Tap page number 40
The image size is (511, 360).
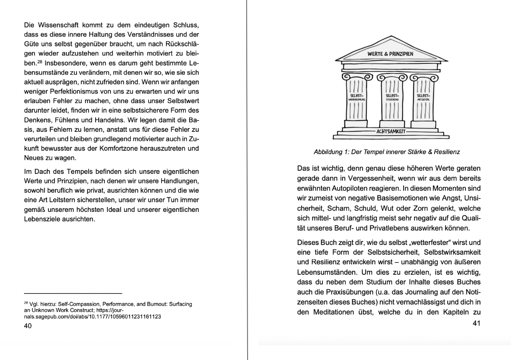[x=28, y=326]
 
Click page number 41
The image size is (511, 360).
[x=476, y=324]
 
